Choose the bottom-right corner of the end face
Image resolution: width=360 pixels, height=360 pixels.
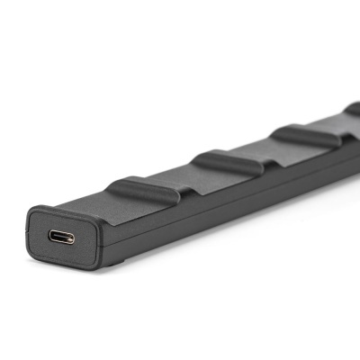point(97,267)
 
